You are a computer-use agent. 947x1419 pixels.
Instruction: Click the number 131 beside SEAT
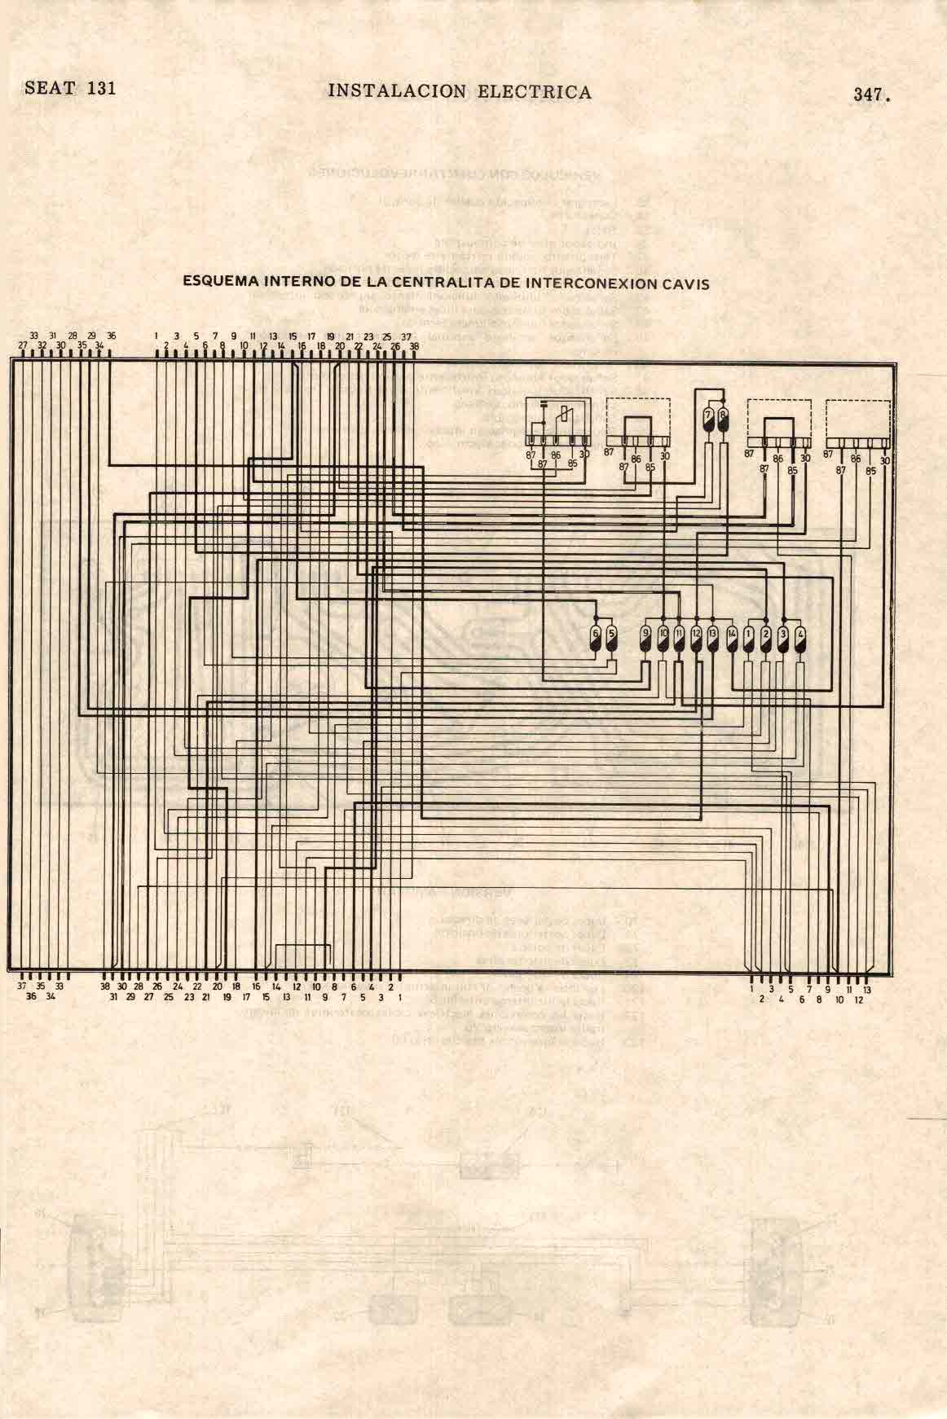101,88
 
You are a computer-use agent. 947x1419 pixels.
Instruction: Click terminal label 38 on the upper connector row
414,345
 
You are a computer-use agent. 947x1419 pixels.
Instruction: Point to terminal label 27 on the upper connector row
23,345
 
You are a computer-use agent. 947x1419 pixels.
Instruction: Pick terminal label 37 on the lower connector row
21,985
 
